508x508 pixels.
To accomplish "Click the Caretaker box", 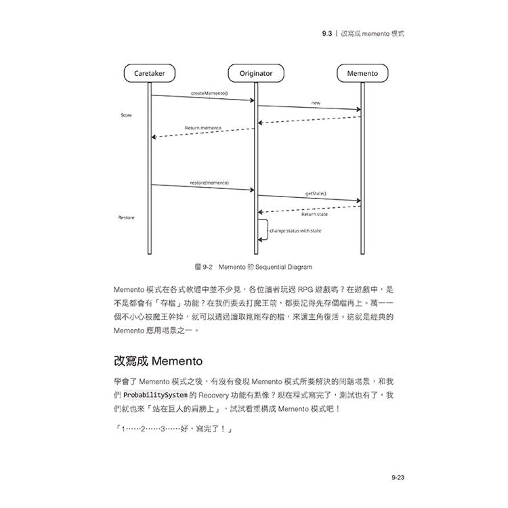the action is click(x=150, y=73).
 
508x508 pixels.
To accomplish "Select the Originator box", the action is click(x=256, y=73).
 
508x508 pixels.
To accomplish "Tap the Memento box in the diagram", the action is click(x=362, y=73).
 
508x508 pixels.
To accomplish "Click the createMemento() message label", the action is click(x=209, y=93).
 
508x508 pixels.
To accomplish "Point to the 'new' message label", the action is click(x=316, y=103).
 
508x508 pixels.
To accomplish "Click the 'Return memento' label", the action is click(x=203, y=128).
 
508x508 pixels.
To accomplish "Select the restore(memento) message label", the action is click(x=209, y=183).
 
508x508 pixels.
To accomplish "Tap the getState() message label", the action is click(x=316, y=194).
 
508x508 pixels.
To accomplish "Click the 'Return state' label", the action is click(x=314, y=215).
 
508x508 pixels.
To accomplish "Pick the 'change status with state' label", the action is click(x=295, y=231).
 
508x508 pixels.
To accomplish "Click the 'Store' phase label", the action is click(x=127, y=115).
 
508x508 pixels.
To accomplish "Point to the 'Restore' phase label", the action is click(x=127, y=217).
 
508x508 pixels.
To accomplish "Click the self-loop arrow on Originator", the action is click(x=268, y=230).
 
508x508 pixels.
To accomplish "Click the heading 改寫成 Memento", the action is click(x=158, y=361).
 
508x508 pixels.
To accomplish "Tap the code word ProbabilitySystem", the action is click(x=155, y=396).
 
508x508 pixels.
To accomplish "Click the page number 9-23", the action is click(x=398, y=478).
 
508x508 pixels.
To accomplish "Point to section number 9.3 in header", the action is click(x=327, y=33).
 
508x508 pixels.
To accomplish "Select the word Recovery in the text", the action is click(x=213, y=396).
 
